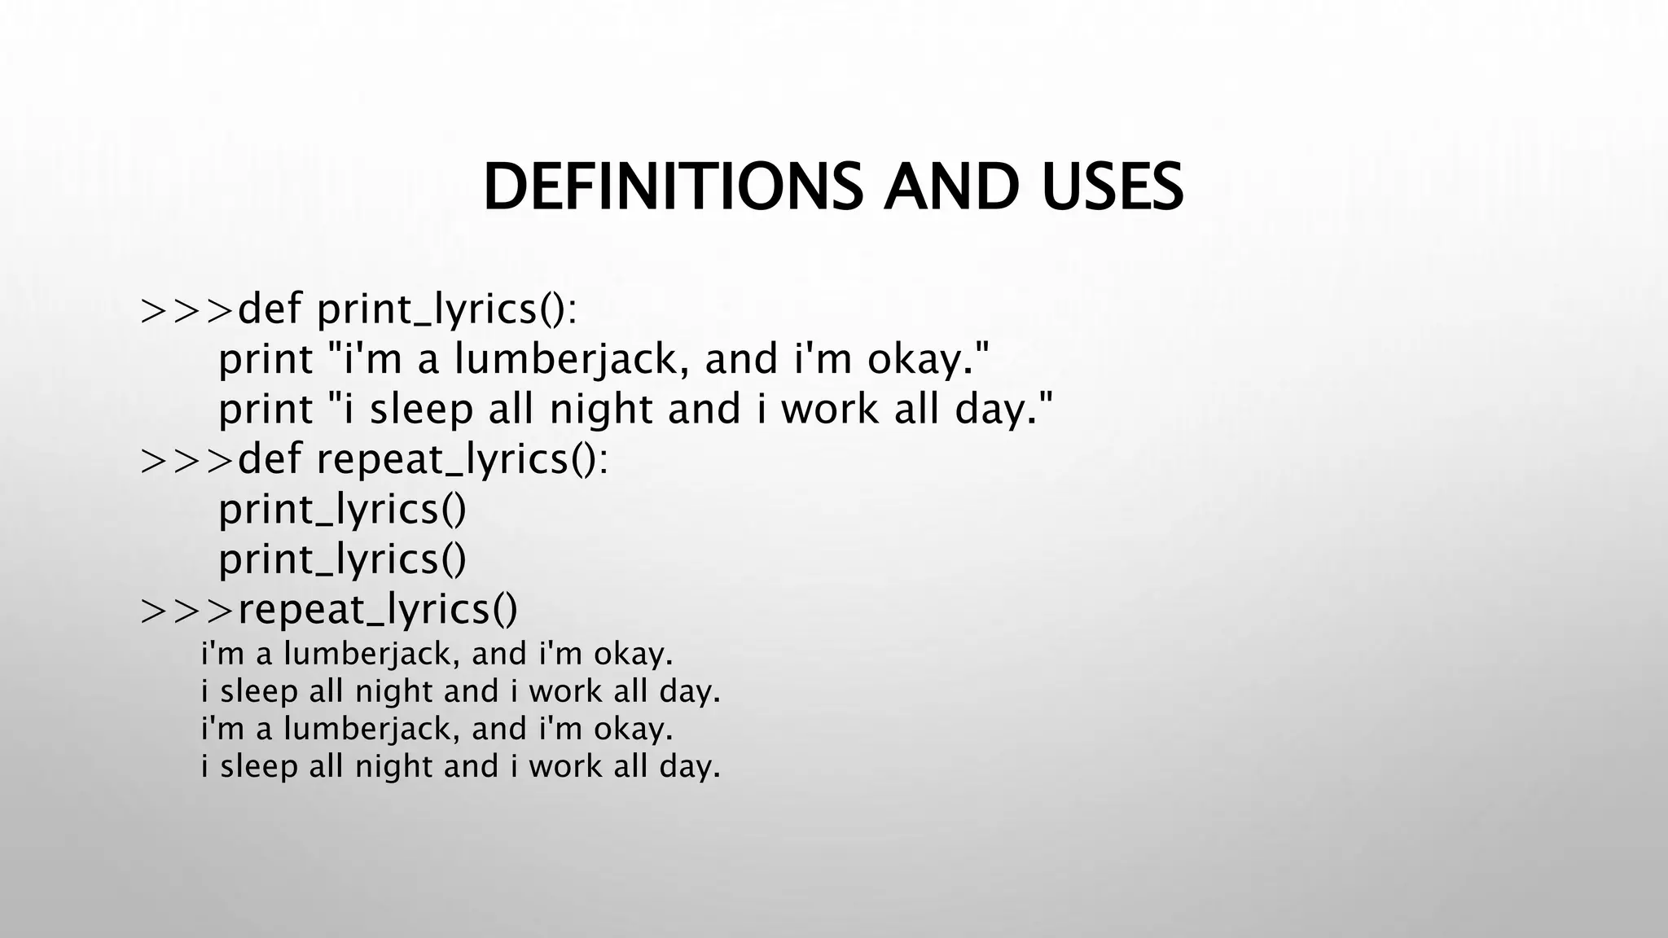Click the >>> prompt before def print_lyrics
tap(187, 310)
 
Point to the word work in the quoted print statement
tap(829, 410)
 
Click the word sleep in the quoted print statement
tap(421, 410)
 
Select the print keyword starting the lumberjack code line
tap(266, 360)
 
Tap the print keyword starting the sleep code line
tap(266, 410)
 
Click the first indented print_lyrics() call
tap(342, 510)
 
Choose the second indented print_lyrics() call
tap(342, 559)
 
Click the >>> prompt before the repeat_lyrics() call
tap(187, 611)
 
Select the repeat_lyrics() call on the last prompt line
tap(377, 611)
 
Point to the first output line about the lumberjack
tap(437, 654)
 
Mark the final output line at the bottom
tap(461, 766)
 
